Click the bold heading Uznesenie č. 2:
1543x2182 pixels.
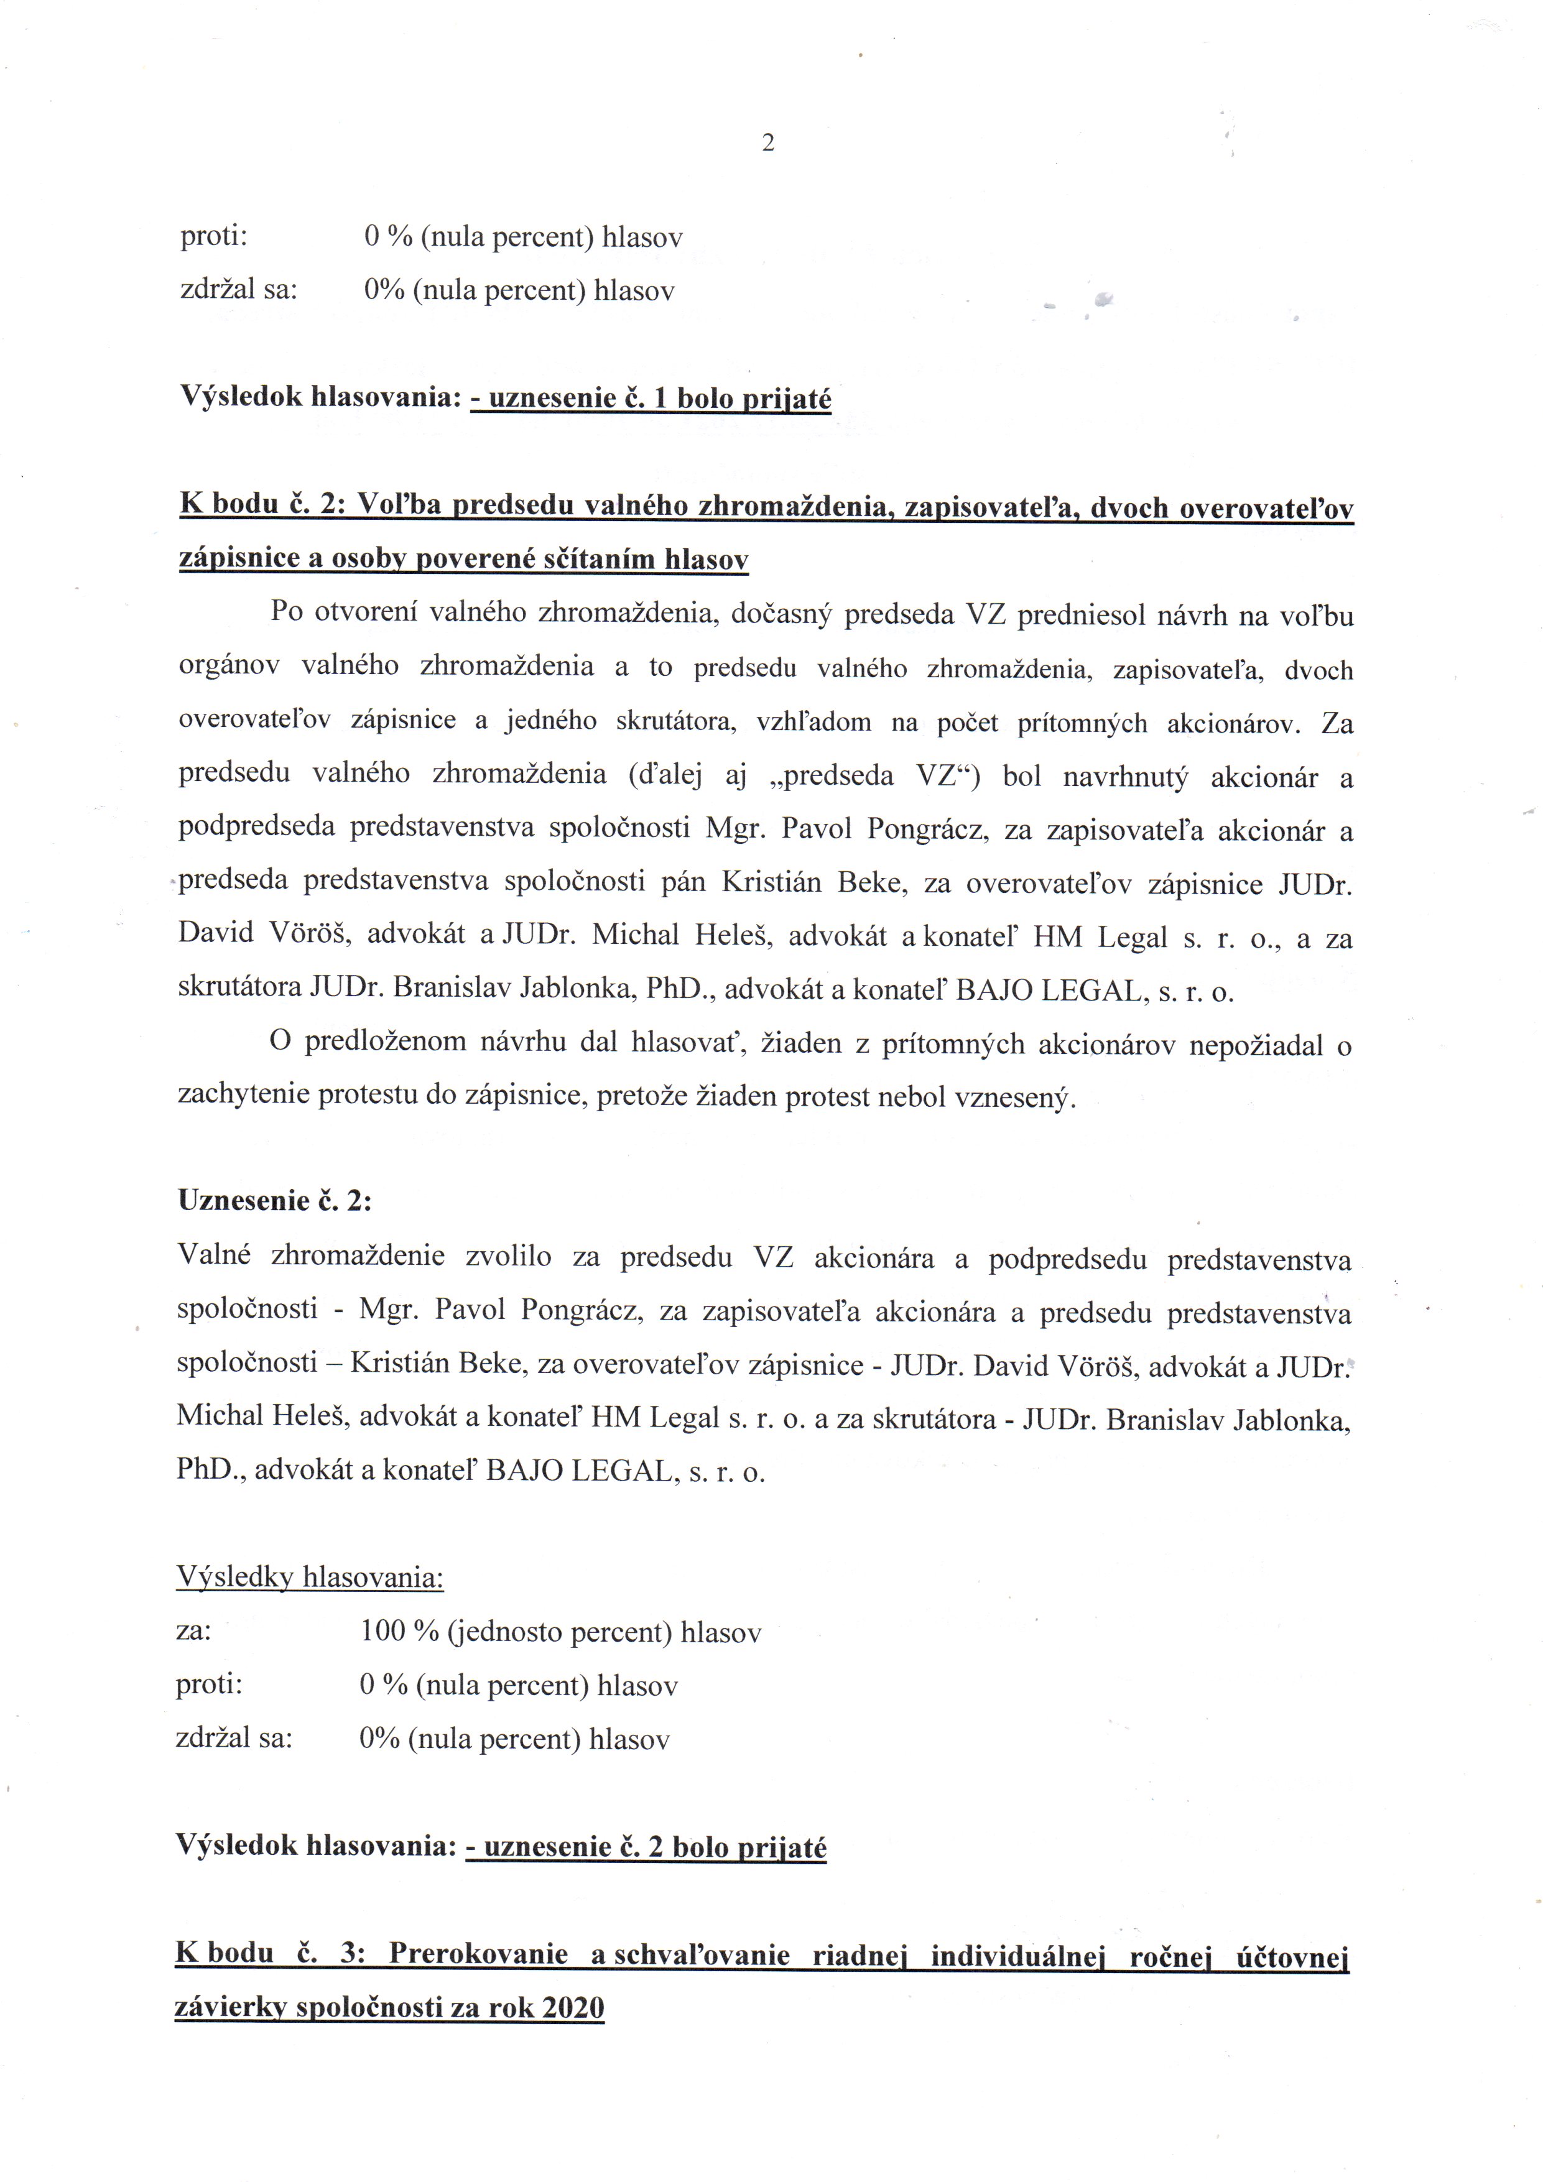point(274,1201)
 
